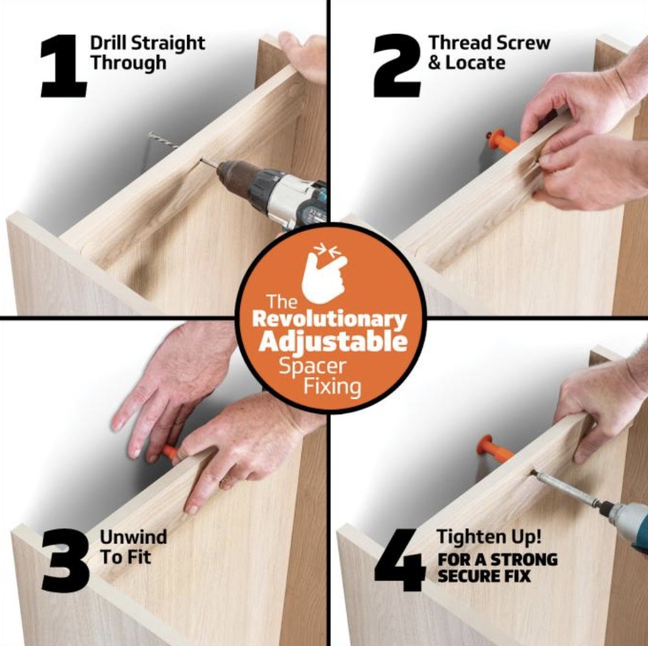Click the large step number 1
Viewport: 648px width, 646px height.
[64, 66]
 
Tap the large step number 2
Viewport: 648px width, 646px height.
[397, 66]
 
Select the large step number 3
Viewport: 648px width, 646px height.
[66, 560]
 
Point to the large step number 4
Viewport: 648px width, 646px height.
[400, 560]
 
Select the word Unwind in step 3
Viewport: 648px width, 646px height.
[133, 537]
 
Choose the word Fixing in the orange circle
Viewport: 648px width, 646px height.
[332, 387]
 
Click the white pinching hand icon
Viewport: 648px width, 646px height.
[325, 272]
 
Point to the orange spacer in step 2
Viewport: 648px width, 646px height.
[501, 141]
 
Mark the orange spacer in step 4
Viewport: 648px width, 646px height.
[495, 448]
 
